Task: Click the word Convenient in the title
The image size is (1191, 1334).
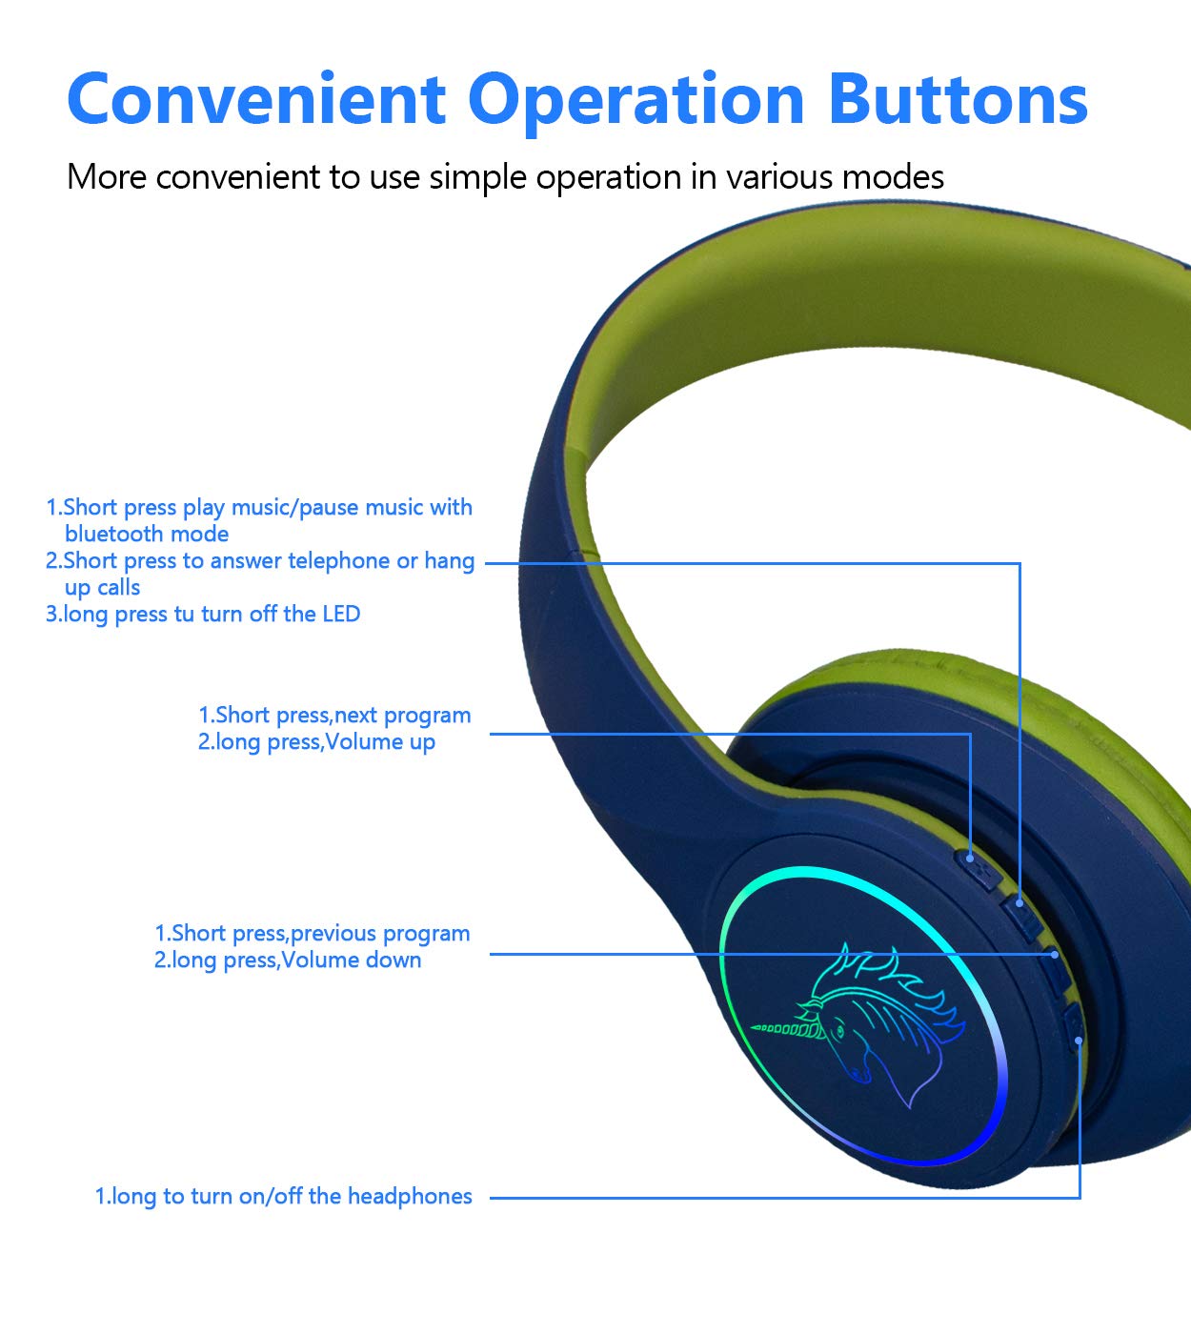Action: tap(256, 99)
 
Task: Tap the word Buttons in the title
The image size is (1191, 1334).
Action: tap(958, 99)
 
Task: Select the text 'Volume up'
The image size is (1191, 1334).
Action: tap(380, 742)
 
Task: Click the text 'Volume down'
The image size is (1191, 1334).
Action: tap(351, 960)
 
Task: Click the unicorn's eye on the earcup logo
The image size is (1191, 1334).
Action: tap(839, 1030)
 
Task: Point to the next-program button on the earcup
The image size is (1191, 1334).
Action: tap(979, 868)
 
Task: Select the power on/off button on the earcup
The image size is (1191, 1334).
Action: tap(1073, 1028)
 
